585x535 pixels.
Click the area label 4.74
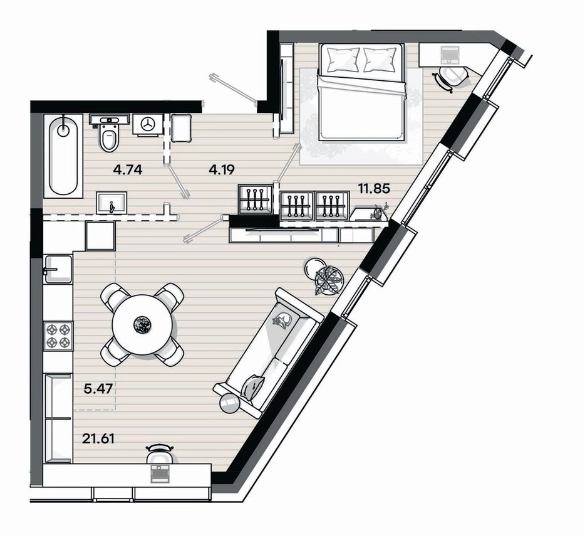tap(128, 170)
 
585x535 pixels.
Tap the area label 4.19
tap(222, 170)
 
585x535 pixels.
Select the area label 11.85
tap(374, 188)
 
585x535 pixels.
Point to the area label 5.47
tap(98, 389)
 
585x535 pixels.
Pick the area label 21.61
tap(98, 438)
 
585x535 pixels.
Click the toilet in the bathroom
tap(110, 132)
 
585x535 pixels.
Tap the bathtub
tap(63, 156)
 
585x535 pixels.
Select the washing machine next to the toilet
tap(148, 125)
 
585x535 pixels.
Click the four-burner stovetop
tap(58, 336)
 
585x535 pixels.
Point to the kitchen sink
tap(58, 269)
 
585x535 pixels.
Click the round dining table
tap(142, 325)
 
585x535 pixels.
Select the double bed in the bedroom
tap(361, 92)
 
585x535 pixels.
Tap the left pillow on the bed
tap(342, 60)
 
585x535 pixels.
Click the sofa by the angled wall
tap(269, 352)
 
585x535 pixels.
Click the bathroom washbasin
tap(111, 203)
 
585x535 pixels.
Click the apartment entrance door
tap(233, 89)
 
